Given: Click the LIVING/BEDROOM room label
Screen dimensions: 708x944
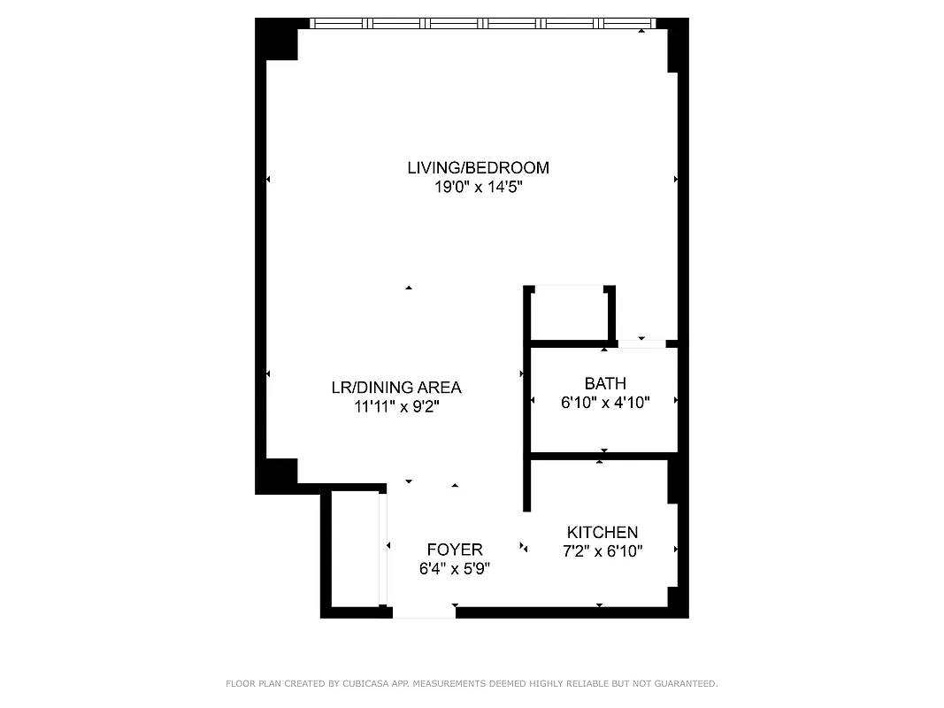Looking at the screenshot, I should click(x=478, y=167).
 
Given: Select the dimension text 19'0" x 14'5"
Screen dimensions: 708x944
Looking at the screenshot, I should click(x=478, y=188).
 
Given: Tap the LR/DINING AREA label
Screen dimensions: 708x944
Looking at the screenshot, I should click(x=395, y=387).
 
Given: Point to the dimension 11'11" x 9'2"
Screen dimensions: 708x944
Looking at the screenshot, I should click(x=395, y=407).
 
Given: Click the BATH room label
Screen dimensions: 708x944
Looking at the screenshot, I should click(x=605, y=383).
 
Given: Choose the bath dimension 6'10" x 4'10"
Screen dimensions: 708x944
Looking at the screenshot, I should click(x=605, y=403).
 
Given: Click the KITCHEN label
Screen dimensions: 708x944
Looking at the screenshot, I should click(x=602, y=532).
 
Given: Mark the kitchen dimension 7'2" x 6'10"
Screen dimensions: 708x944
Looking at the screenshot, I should click(x=602, y=551).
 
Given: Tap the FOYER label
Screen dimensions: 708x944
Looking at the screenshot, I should click(x=454, y=550).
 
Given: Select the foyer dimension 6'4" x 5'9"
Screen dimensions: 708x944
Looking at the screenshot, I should click(x=454, y=569).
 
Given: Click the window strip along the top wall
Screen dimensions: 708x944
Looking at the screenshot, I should click(x=482, y=24).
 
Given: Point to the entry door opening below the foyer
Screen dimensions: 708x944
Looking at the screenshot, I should click(x=423, y=612).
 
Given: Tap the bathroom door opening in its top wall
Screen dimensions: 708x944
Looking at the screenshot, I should click(x=641, y=343).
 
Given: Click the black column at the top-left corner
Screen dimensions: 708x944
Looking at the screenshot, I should click(x=276, y=39).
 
